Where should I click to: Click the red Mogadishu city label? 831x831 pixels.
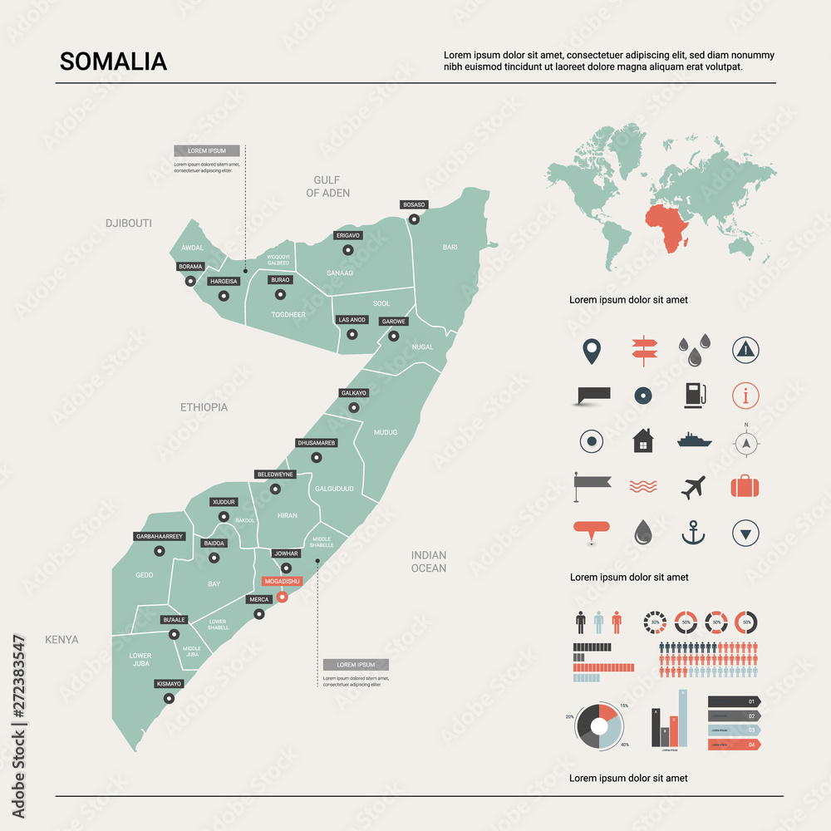tap(281, 581)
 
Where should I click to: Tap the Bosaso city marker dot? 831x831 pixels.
tap(414, 219)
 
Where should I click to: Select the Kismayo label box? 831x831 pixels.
tap(169, 684)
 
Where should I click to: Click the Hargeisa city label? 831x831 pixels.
tap(224, 282)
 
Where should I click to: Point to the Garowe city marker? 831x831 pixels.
tap(393, 337)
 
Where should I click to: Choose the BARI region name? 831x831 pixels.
tap(450, 247)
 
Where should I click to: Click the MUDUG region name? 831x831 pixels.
tap(386, 432)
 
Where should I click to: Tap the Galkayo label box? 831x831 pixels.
tap(353, 392)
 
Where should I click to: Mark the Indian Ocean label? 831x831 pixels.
tap(429, 562)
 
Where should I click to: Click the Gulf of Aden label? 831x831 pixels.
tap(327, 186)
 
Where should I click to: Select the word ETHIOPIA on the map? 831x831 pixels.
tap(204, 407)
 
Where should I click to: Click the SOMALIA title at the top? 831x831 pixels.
tap(113, 61)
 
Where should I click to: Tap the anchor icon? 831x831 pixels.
tap(693, 532)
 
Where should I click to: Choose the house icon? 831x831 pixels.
tap(643, 440)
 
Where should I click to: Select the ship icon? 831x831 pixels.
tap(694, 440)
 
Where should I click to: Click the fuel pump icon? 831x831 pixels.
tap(694, 395)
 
